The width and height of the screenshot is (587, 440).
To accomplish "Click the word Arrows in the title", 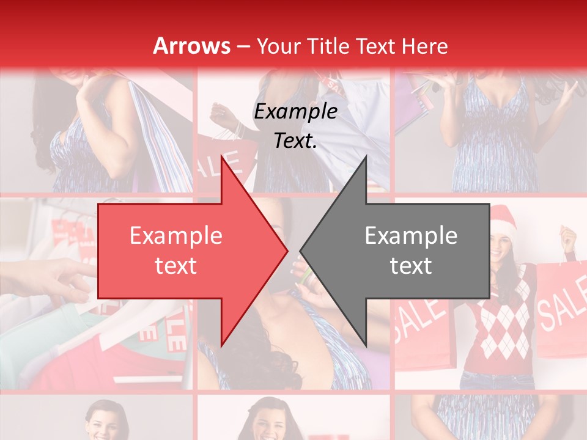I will [x=191, y=46].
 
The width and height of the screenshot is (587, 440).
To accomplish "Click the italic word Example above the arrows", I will [x=295, y=112].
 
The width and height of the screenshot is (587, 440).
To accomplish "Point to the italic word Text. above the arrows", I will [x=295, y=141].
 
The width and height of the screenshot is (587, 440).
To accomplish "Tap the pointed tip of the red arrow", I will [x=286, y=251].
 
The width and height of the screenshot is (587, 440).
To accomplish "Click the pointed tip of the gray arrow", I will [x=302, y=251].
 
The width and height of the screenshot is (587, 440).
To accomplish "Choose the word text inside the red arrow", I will [x=175, y=266].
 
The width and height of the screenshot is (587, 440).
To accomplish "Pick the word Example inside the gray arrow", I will [x=411, y=236].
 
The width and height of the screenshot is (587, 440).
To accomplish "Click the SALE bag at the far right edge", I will [x=561, y=312].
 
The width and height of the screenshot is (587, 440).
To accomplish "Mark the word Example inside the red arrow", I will [x=175, y=236].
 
